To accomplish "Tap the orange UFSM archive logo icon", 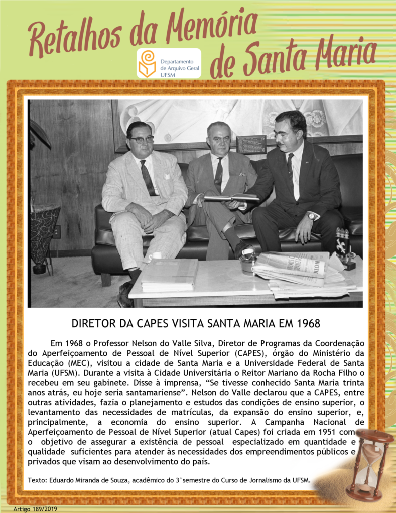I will (147, 63).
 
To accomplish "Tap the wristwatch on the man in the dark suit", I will (311, 216).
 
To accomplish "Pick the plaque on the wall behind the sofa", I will (251, 144).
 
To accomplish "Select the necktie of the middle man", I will (218, 175).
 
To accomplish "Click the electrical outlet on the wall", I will (57, 231).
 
